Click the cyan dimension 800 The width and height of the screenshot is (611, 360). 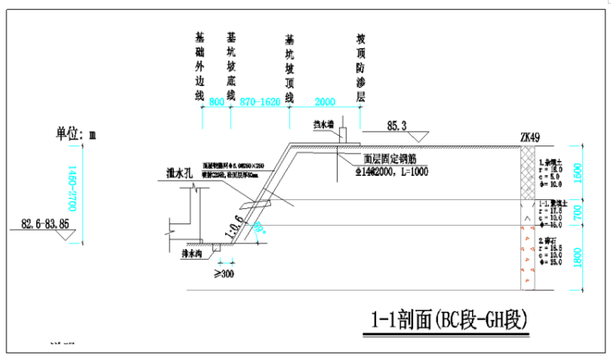215,103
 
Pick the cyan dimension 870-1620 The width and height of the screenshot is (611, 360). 259,103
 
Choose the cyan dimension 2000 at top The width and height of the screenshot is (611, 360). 325,103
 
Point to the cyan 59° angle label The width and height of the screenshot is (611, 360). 258,228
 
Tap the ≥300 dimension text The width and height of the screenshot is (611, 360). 223,273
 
